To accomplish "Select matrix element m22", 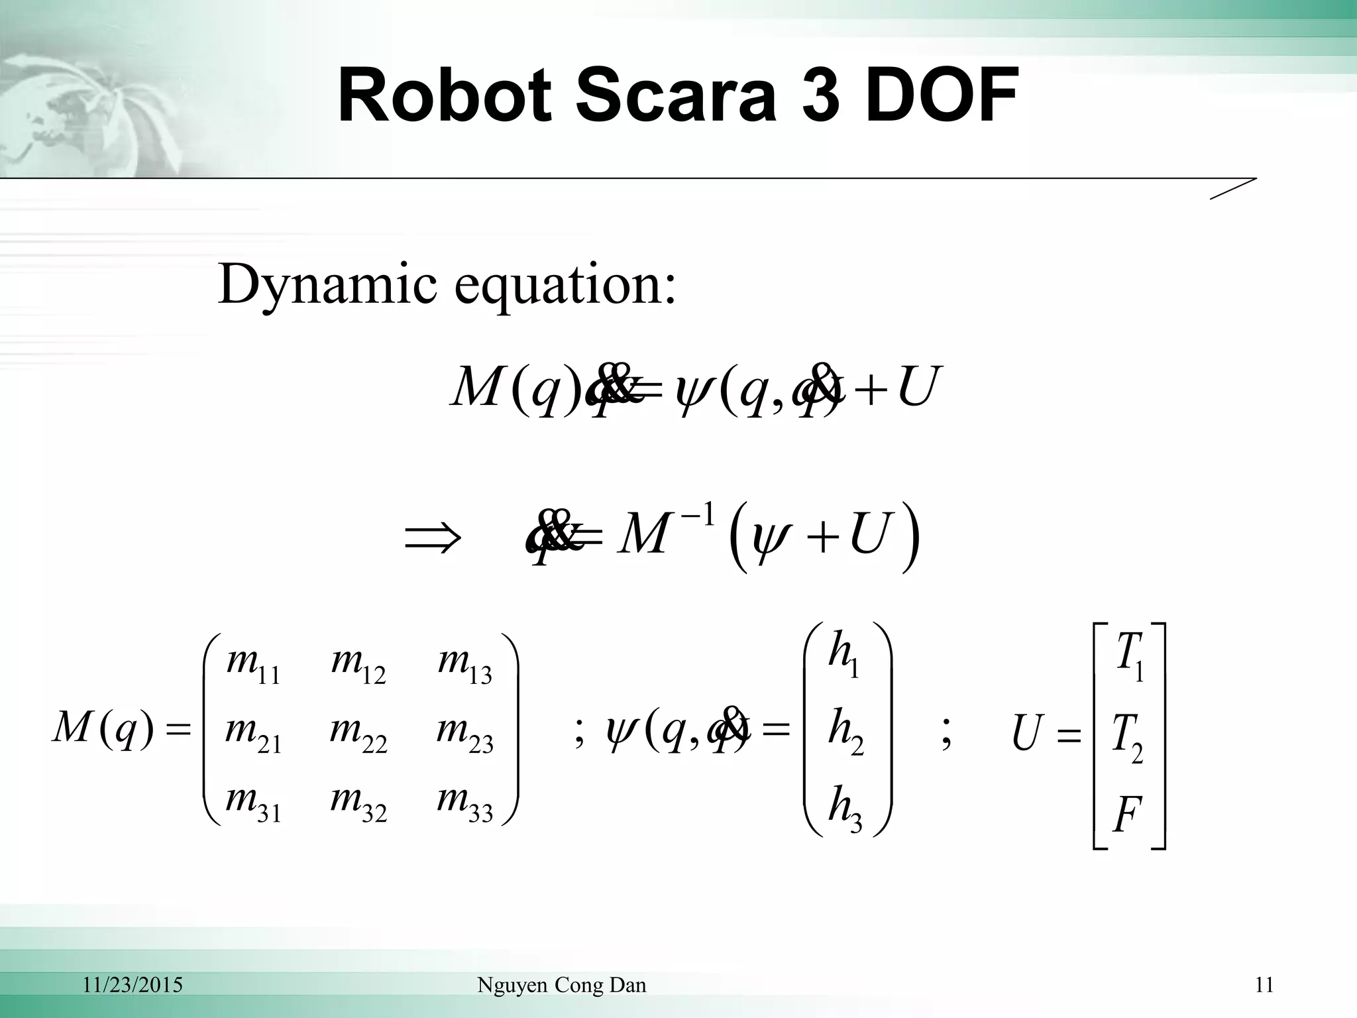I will click(x=358, y=734).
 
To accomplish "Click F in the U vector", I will click(x=1127, y=815).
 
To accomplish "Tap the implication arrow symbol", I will click(x=432, y=538).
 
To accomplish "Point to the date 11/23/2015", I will click(x=133, y=985).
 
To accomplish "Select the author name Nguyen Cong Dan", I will click(x=561, y=985).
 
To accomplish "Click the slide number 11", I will click(x=1264, y=985).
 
